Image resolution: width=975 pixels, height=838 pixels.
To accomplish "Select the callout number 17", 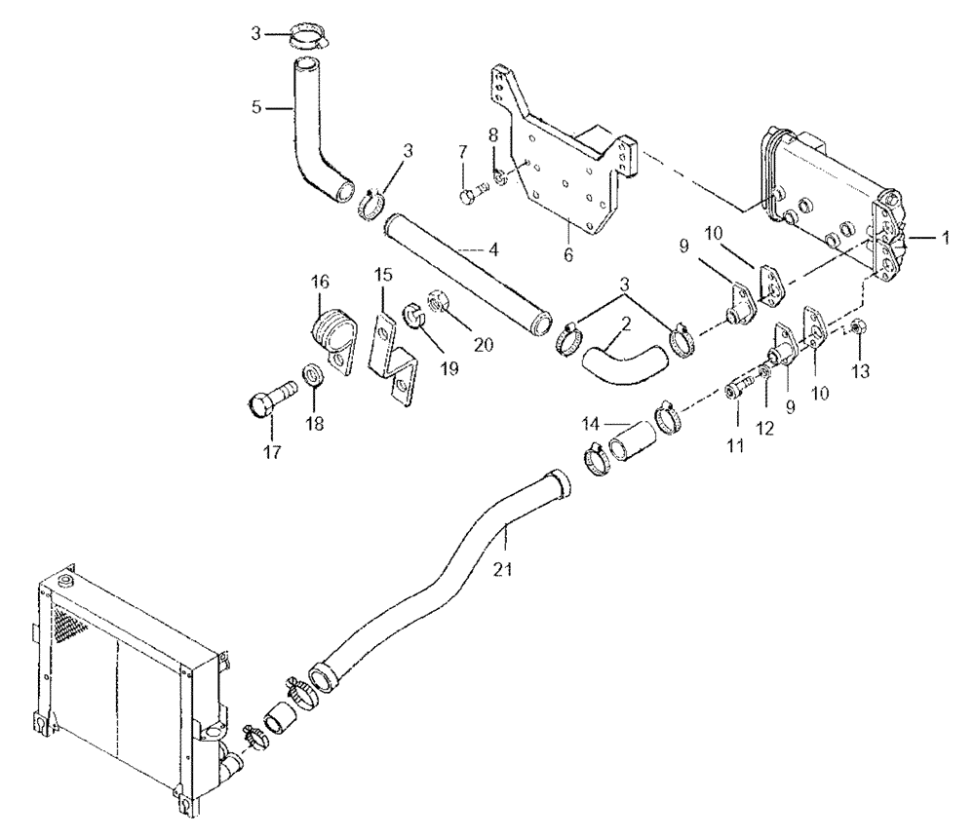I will pos(272,451).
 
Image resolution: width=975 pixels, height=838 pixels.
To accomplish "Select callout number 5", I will pos(256,108).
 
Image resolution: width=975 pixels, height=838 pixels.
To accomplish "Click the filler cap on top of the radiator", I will pos(64,582).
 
